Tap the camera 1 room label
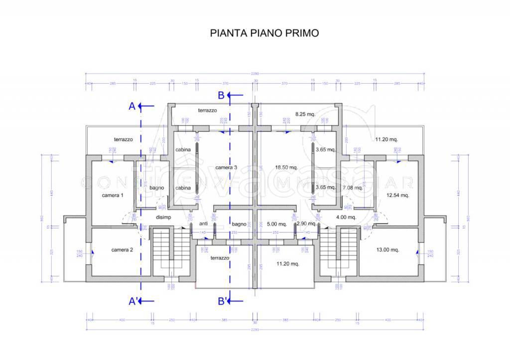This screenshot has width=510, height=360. click(113, 196)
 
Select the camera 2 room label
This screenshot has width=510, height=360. click(122, 250)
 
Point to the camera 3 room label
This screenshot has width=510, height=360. click(226, 168)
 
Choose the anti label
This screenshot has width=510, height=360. click(203, 224)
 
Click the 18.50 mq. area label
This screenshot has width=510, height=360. click(286, 168)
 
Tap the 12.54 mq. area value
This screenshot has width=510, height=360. click(397, 196)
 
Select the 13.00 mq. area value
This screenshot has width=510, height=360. click(387, 250)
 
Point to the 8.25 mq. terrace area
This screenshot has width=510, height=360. click(305, 114)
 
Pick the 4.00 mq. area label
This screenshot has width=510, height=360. click(346, 217)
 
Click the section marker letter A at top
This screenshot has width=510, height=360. click(132, 106)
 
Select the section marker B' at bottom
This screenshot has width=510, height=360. click(223, 301)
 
